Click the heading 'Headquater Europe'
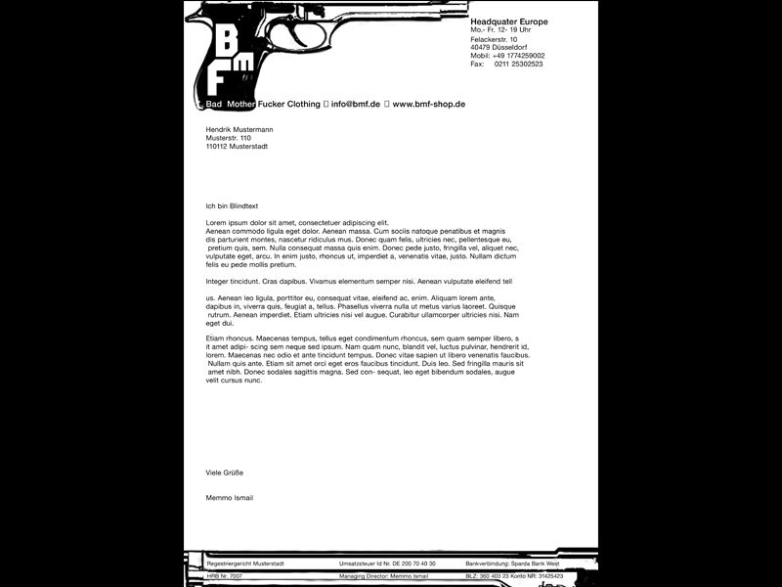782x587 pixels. tap(509, 22)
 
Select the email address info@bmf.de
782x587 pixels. tap(357, 104)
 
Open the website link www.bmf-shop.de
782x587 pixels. tap(428, 104)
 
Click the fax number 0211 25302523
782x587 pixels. tap(519, 65)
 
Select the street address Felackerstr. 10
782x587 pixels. tap(494, 39)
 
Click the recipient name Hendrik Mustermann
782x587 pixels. tap(239, 129)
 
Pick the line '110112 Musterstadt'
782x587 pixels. tap(237, 147)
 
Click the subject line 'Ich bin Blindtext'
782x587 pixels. tap(232, 205)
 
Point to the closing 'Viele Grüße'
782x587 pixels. tap(224, 472)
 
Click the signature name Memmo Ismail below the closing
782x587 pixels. tap(230, 498)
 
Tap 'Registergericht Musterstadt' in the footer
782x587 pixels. tap(245, 564)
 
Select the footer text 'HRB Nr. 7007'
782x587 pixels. tap(225, 576)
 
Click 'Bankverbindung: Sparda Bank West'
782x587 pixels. tap(511, 564)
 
